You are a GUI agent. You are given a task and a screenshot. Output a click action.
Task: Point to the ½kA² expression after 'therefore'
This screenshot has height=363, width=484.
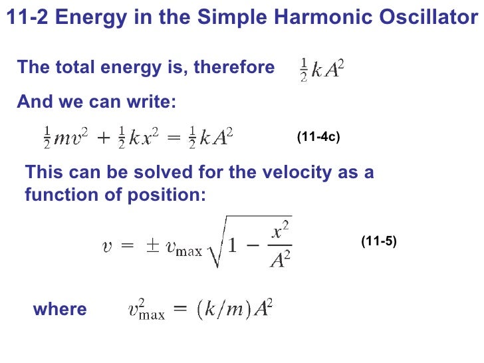click(x=322, y=70)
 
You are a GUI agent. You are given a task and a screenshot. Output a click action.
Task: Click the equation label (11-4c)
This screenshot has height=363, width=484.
click(x=318, y=138)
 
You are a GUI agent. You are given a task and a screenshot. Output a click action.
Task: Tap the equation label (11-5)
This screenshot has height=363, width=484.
click(x=379, y=241)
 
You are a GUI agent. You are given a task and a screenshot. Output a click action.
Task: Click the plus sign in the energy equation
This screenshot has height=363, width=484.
click(x=104, y=137)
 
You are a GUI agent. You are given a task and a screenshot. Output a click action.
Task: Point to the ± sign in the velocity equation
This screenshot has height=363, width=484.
click(x=152, y=247)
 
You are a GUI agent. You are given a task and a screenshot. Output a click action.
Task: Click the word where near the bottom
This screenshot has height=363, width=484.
click(x=59, y=309)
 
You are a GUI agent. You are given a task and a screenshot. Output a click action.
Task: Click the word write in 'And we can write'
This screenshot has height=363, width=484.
click(x=153, y=102)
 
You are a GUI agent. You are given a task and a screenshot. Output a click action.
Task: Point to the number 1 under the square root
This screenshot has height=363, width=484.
click(x=232, y=247)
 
